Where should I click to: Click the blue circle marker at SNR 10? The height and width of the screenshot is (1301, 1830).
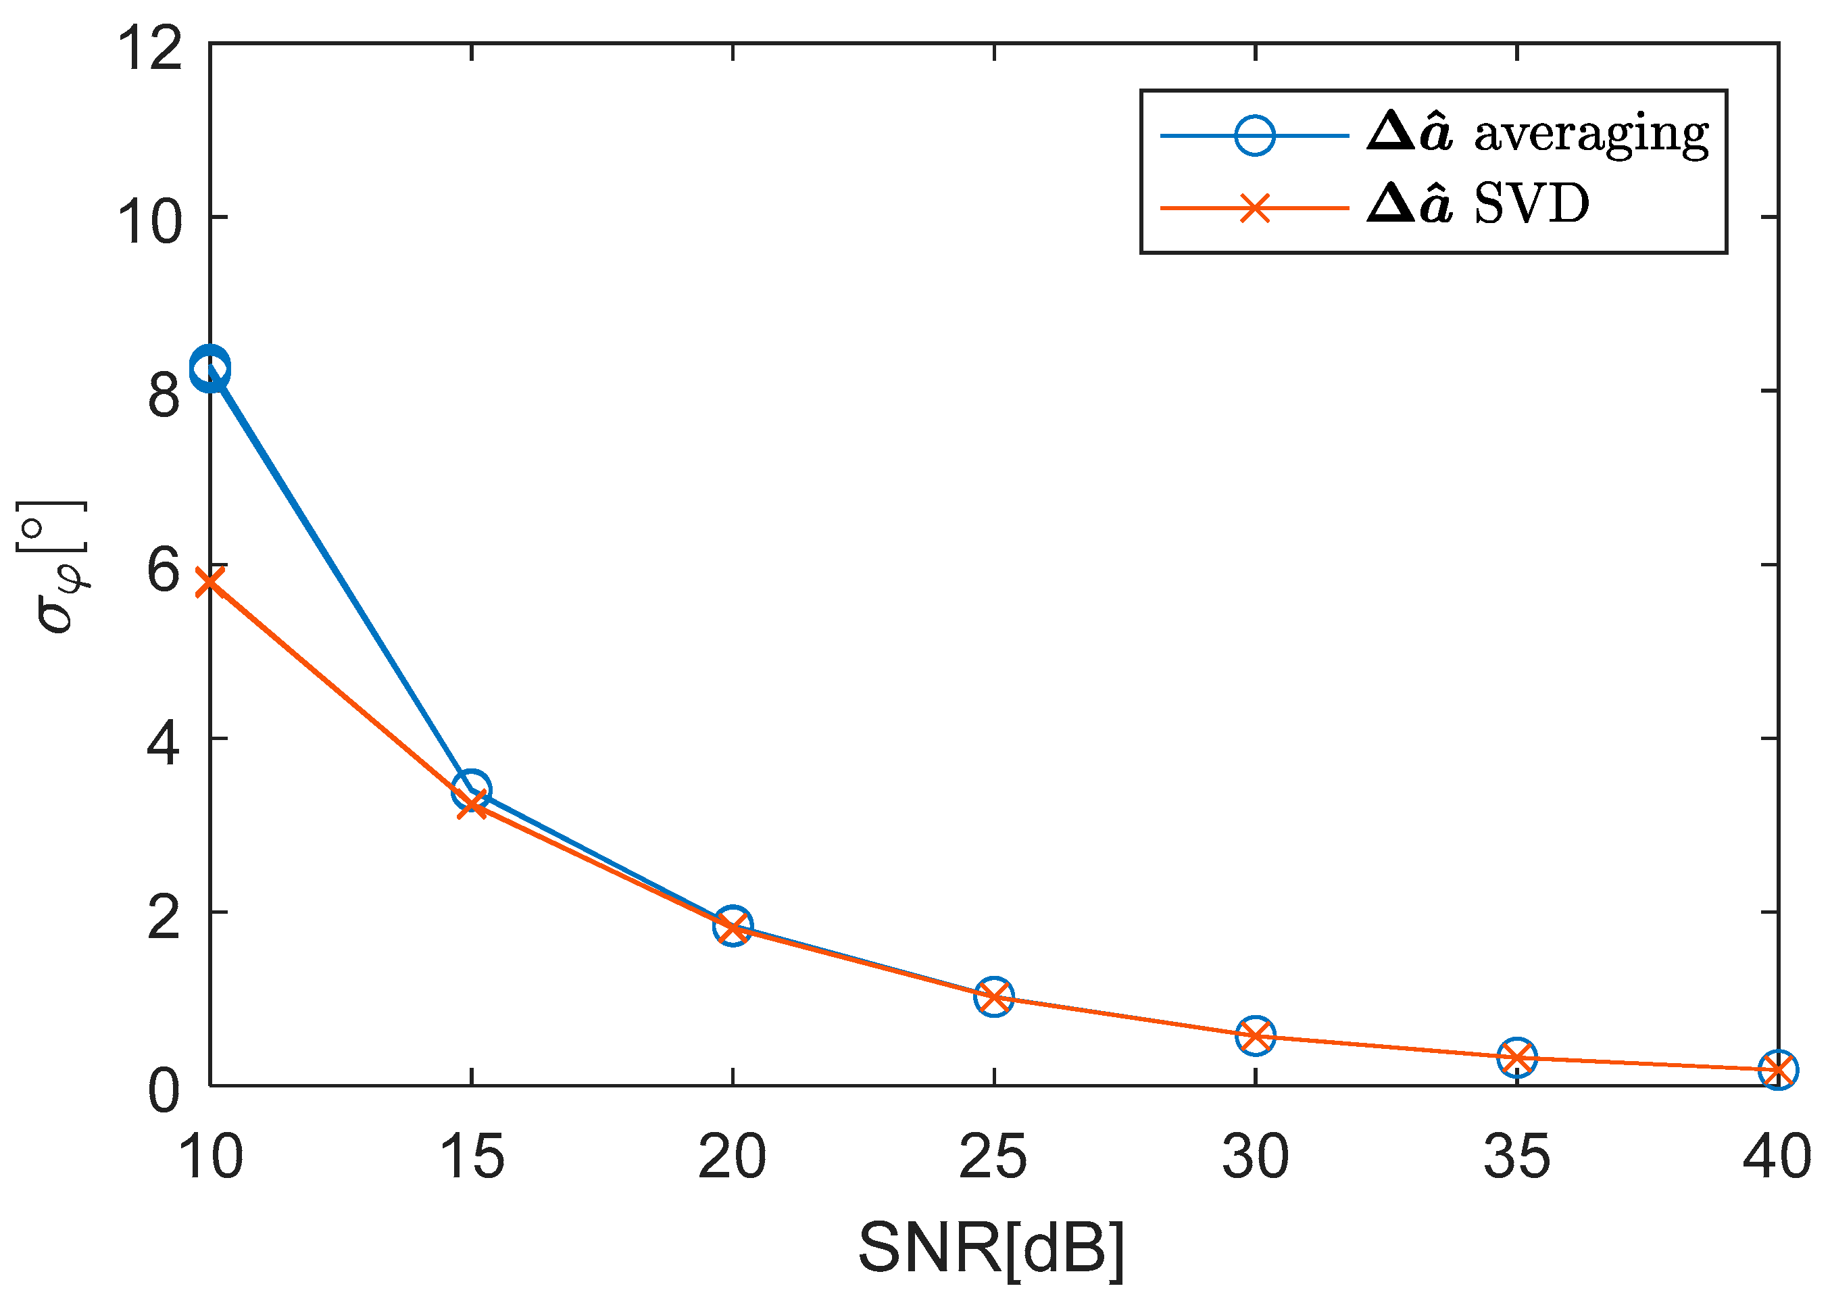click(x=211, y=369)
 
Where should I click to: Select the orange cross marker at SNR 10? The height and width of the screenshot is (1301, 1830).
click(x=210, y=581)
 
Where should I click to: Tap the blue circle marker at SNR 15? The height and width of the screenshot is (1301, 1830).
click(x=472, y=790)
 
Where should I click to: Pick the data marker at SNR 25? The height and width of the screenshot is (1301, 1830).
click(x=994, y=997)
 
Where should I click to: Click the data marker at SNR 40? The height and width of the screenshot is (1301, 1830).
click(x=1777, y=1071)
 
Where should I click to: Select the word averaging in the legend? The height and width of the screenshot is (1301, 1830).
click(x=1591, y=134)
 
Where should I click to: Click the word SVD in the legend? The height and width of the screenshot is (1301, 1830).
click(x=1531, y=205)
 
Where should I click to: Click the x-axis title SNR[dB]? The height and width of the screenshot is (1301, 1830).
click(x=991, y=1248)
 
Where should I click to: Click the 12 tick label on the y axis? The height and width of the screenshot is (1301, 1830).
click(x=151, y=48)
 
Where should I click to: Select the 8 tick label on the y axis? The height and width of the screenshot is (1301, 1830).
click(x=164, y=394)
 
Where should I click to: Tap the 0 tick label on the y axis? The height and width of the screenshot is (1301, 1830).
click(x=164, y=1090)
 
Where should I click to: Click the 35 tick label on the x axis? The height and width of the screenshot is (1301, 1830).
click(x=1516, y=1157)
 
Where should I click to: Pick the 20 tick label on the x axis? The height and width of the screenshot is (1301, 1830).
click(x=732, y=1157)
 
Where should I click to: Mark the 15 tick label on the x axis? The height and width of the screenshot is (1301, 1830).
click(x=472, y=1157)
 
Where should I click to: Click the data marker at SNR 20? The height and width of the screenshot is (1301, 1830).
click(x=733, y=927)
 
